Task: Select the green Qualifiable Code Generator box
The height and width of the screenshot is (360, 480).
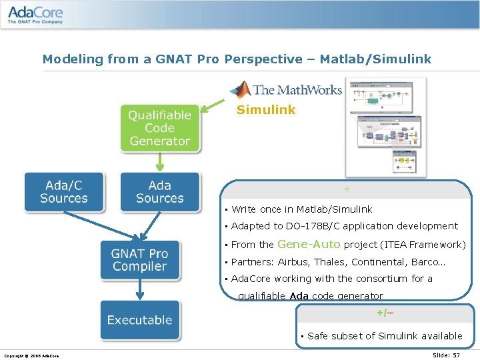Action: (x=160, y=128)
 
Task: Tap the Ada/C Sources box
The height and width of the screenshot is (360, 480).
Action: (x=64, y=192)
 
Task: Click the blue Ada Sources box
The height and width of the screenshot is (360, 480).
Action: (x=160, y=192)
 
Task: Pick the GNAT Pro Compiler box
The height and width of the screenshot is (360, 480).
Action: (x=139, y=260)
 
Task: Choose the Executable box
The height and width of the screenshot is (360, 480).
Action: (x=139, y=320)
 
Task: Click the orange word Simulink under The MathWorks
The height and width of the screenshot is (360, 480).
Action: (x=265, y=110)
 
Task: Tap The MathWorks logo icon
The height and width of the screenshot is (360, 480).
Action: (x=239, y=89)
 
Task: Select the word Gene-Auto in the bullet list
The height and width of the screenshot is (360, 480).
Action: (x=309, y=245)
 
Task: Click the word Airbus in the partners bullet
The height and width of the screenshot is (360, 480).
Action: (x=293, y=262)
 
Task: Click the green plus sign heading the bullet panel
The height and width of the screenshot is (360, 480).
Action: (x=347, y=189)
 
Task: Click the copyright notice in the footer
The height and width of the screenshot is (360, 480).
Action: (x=32, y=355)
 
